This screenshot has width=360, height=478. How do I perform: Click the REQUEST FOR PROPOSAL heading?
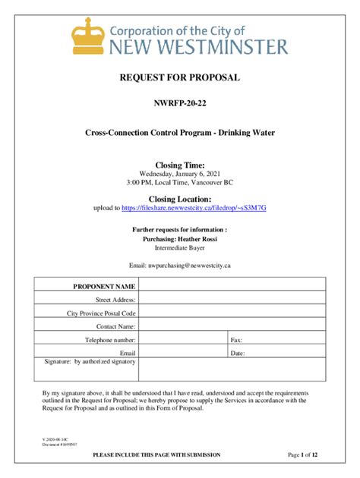click(180, 78)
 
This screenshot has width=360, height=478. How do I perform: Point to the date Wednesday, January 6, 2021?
click(180, 174)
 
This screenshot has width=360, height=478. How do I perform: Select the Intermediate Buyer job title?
click(180, 247)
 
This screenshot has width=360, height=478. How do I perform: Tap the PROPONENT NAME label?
click(104, 287)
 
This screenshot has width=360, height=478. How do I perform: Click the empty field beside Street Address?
click(232, 300)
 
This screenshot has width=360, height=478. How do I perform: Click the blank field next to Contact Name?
click(232, 326)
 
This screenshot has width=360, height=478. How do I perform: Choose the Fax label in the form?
click(235, 340)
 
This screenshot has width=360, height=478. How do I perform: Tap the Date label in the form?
click(237, 353)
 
